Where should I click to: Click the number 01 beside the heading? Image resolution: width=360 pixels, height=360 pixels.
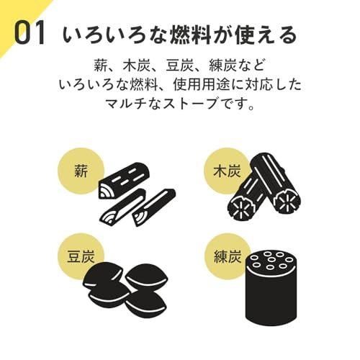30,35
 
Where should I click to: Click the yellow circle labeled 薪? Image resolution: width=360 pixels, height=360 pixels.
80,172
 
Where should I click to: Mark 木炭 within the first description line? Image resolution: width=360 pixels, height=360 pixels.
148,63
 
